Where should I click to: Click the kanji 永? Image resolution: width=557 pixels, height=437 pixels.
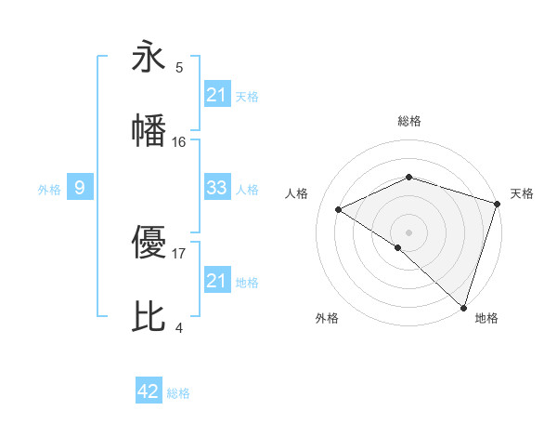click(149, 58)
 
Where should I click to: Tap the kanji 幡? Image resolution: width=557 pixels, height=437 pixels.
click(149, 131)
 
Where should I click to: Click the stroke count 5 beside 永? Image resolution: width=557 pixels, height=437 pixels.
click(179, 68)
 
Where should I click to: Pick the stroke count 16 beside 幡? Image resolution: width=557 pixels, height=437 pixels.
click(179, 141)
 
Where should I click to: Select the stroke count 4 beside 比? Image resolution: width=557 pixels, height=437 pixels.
click(179, 327)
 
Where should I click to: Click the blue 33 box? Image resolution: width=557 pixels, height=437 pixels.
click(217, 188)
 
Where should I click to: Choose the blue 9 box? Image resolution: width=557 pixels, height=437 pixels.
click(80, 189)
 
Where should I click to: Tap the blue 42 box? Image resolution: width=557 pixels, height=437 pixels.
click(149, 391)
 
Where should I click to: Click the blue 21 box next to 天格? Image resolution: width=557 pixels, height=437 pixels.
click(217, 95)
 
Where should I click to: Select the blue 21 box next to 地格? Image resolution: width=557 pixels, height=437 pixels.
click(217, 281)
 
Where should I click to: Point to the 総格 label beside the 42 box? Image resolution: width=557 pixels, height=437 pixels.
click(178, 393)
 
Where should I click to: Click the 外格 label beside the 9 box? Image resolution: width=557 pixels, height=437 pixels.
click(49, 190)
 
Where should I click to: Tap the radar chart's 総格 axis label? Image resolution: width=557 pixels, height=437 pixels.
click(409, 121)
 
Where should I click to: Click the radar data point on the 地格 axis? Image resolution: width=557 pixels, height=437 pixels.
click(463, 307)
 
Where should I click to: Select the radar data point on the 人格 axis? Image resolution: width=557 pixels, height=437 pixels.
click(339, 209)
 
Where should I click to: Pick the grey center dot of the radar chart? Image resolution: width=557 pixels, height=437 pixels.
click(409, 232)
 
